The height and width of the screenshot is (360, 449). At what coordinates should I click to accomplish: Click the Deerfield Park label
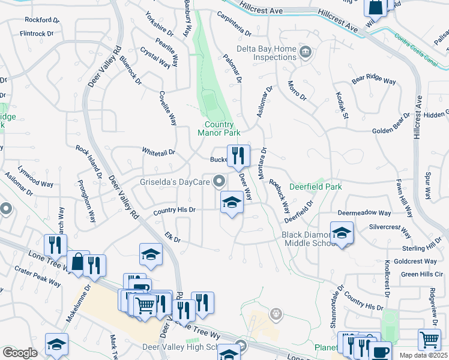click(316, 187)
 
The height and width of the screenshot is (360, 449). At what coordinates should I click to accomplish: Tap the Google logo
click(19, 353)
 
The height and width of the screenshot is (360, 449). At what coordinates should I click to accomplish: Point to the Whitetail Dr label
click(158, 152)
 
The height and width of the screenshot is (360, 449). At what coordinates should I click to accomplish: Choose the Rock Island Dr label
click(88, 161)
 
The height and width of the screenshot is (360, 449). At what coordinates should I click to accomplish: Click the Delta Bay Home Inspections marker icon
click(305, 51)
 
